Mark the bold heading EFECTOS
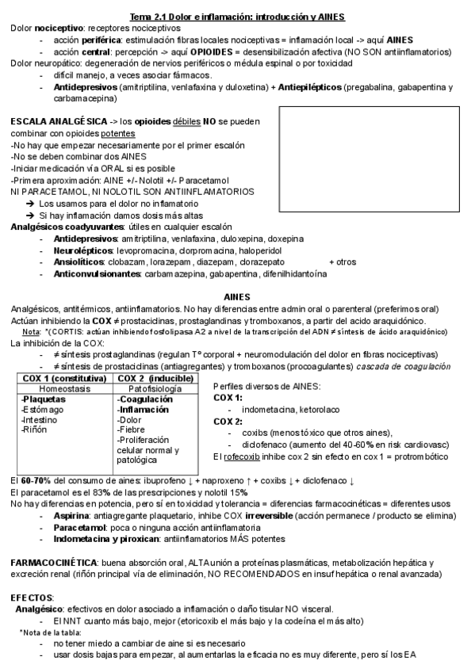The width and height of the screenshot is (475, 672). (33, 596)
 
